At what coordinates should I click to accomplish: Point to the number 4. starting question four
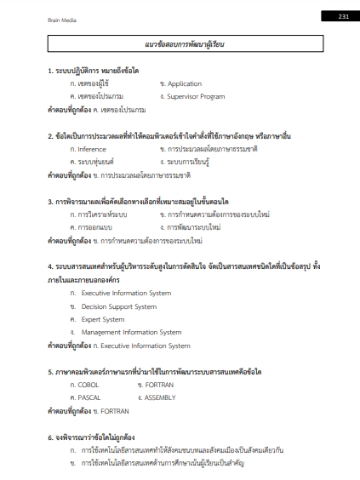pyautogui.click(x=50, y=267)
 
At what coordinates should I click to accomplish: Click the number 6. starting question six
pyautogui.click(x=50, y=435)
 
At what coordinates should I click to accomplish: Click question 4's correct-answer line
pyautogui.click(x=119, y=345)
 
